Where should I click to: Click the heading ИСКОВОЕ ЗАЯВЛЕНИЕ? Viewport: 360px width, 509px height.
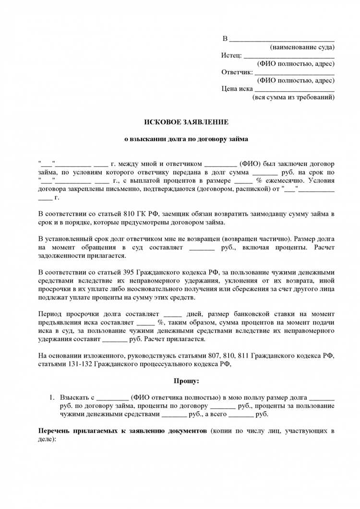pos(187,122)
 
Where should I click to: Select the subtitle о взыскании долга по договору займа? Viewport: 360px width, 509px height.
pos(187,139)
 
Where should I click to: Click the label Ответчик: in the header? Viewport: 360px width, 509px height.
pos(237,72)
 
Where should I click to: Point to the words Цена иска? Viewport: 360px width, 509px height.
pos(237,89)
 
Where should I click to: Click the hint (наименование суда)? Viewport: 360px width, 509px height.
pos(302,47)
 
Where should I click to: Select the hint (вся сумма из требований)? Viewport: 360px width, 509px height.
pos(293,97)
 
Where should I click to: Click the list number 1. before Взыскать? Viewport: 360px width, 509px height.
pos(53,398)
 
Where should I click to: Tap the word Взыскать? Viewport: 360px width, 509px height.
pos(74,398)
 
